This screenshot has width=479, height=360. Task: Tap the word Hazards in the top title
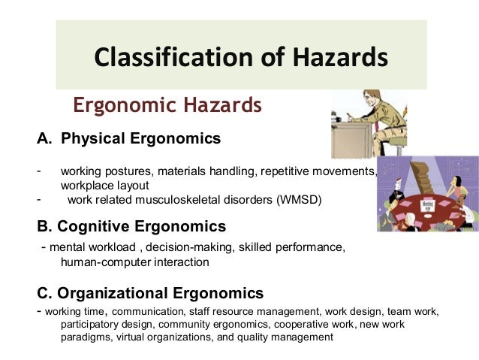point(341,56)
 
